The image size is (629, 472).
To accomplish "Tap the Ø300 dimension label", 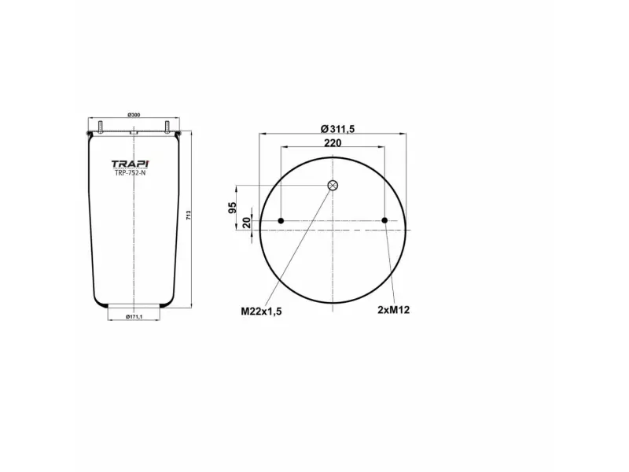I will [134, 116].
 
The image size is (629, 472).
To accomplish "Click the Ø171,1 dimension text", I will [134, 316].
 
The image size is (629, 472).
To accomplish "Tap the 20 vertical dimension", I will [246, 221].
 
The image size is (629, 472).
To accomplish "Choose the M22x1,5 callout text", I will [261, 312].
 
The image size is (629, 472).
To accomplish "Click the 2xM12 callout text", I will [394, 311].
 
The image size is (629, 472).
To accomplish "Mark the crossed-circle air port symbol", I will [333, 186].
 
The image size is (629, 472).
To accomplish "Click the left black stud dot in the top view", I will [281, 221].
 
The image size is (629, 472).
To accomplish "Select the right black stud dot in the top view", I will [384, 221].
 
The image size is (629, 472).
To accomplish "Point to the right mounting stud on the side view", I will [167, 126].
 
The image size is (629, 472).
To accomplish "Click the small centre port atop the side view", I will [134, 134].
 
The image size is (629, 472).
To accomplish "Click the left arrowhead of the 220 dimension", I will [284, 147].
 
